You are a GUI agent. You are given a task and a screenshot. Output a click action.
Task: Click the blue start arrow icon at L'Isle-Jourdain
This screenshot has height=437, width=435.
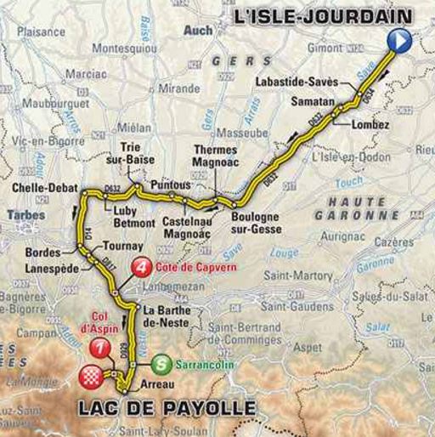pos(399,40)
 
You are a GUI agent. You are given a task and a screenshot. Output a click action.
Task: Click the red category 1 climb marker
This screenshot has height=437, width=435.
pos(101,349)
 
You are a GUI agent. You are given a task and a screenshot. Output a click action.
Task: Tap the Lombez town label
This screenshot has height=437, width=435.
pos(370,124)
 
